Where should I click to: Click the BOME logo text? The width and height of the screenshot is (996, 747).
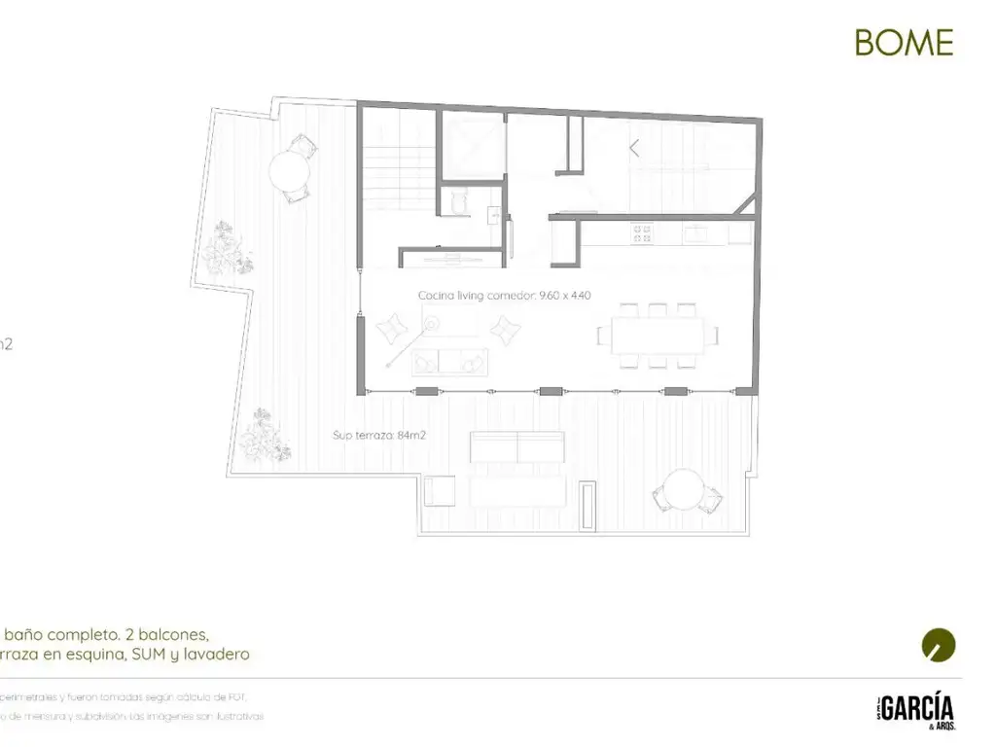pyautogui.click(x=904, y=42)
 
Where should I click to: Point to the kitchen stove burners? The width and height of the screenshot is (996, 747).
pyautogui.click(x=642, y=233)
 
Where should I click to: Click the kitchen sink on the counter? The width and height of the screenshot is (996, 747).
pyautogui.click(x=698, y=233)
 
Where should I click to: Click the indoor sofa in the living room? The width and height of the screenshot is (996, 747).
pyautogui.click(x=449, y=361)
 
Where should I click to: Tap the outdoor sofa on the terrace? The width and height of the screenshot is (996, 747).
pyautogui.click(x=516, y=448)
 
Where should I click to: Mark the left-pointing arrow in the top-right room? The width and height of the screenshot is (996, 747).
pyautogui.click(x=634, y=149)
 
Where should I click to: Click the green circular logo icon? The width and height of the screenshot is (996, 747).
pyautogui.click(x=938, y=645)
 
